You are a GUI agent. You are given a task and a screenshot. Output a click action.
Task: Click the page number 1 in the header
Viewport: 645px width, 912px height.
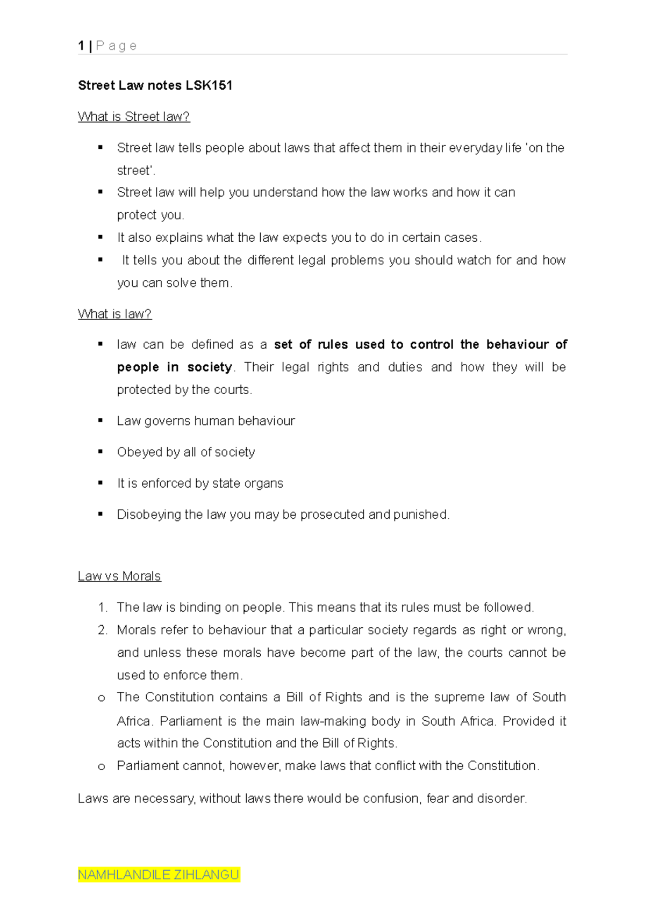[81, 46]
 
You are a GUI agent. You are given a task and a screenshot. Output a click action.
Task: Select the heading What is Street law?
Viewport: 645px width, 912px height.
[134, 117]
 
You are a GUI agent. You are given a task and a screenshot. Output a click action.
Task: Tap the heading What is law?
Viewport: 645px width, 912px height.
[114, 314]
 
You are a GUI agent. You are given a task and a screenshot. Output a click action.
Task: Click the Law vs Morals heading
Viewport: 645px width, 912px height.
[119, 576]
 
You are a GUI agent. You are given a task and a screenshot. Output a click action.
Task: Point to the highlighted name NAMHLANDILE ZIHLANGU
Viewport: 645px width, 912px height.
[159, 875]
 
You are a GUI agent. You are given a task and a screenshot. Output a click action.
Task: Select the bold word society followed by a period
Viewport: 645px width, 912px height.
[210, 367]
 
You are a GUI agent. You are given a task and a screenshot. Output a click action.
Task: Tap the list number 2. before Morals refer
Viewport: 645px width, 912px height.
[103, 630]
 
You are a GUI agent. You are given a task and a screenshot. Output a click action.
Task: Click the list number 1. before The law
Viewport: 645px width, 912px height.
[103, 607]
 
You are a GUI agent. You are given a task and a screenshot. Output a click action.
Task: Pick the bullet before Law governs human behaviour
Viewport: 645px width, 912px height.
[101, 421]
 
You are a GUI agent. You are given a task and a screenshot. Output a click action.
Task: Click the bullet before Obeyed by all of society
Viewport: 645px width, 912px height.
[101, 452]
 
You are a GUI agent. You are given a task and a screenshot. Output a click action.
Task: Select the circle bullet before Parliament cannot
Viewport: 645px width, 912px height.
[101, 766]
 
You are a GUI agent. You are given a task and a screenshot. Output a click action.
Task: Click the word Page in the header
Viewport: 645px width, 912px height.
[116, 46]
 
